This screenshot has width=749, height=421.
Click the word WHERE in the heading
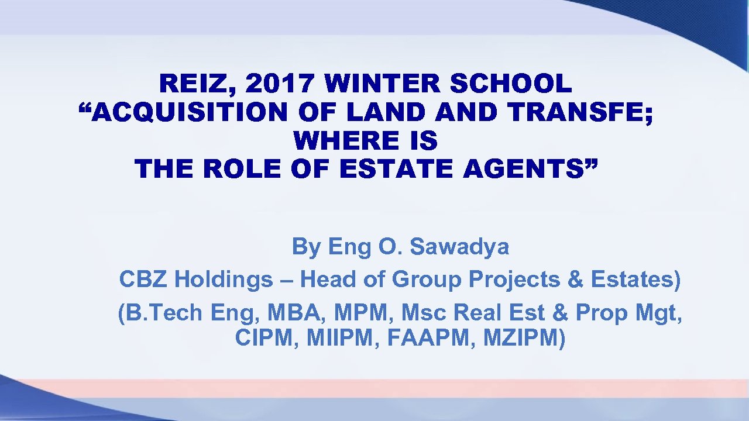[x=339, y=142]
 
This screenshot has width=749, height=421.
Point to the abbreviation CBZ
[x=144, y=280]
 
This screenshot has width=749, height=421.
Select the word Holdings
[x=224, y=280]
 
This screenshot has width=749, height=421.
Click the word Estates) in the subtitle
[x=636, y=280]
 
